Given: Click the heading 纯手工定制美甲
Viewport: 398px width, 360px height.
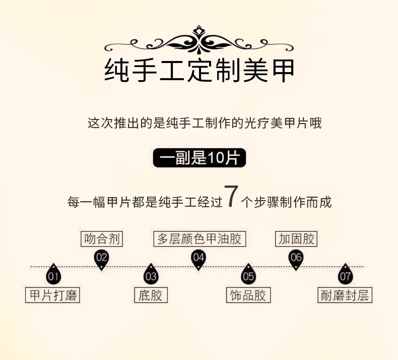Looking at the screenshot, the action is pyautogui.click(x=199, y=71).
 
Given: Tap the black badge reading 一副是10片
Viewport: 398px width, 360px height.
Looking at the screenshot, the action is pyautogui.click(x=199, y=158).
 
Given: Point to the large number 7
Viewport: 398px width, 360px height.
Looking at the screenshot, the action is pyautogui.click(x=230, y=197).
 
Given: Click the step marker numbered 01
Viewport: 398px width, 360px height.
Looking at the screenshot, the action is pyautogui.click(x=53, y=275).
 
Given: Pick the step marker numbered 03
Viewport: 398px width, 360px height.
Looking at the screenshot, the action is pyautogui.click(x=151, y=275).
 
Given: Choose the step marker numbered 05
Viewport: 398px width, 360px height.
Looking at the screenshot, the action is pyautogui.click(x=248, y=275).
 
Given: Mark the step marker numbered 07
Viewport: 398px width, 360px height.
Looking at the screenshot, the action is pyautogui.click(x=345, y=275).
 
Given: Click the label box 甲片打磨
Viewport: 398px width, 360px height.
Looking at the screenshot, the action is pyautogui.click(x=53, y=295).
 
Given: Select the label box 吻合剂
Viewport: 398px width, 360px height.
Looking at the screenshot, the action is pyautogui.click(x=102, y=239).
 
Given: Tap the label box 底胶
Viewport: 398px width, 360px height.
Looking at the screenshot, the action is pyautogui.click(x=151, y=295).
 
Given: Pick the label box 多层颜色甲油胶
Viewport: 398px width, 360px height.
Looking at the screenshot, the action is pyautogui.click(x=199, y=239).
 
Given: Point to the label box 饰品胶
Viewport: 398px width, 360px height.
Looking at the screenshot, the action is pyautogui.click(x=248, y=295).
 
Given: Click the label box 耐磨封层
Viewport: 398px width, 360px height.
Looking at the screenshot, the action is pyautogui.click(x=345, y=295).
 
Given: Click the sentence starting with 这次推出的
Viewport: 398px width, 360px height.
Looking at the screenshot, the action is pyautogui.click(x=205, y=123).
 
